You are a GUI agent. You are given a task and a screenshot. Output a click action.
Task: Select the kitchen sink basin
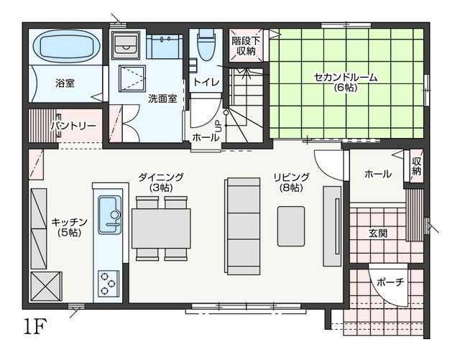(109, 215)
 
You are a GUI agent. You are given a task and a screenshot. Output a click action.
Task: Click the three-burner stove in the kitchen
(109, 283)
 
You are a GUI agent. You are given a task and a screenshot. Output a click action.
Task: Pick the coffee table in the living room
(291, 226)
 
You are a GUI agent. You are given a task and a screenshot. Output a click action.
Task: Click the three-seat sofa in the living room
(242, 226)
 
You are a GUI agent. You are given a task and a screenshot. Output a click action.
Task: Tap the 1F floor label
(35, 326)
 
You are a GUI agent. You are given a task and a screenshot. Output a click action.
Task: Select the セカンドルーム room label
(346, 78)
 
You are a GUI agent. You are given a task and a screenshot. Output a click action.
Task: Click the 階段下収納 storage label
(246, 46)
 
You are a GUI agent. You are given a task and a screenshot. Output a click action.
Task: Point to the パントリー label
(73, 126)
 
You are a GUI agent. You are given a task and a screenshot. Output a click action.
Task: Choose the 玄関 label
(378, 234)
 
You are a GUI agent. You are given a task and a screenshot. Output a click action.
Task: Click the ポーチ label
(390, 282)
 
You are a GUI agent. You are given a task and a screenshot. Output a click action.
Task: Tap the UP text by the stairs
(218, 126)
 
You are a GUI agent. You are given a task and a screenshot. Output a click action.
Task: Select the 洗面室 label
(162, 98)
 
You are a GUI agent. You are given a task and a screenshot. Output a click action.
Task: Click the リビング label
(291, 177)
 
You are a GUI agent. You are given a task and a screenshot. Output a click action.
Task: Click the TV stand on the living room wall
(332, 226)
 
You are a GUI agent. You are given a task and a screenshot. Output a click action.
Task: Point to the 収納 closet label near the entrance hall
(417, 166)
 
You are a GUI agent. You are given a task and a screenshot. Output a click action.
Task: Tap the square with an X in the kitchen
(46, 286)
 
